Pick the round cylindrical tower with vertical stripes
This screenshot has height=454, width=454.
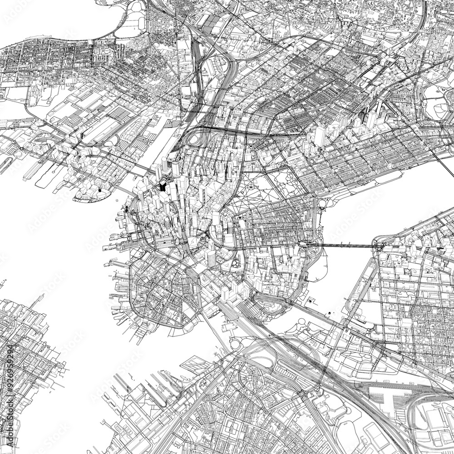point(211,258)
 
